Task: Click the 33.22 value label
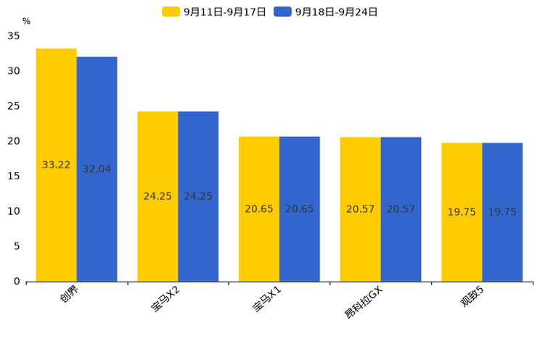pyautogui.click(x=56, y=165)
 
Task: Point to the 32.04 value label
pyautogui.click(x=97, y=169)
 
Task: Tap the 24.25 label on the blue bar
pyautogui.click(x=198, y=196)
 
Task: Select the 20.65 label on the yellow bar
pyautogui.click(x=259, y=209)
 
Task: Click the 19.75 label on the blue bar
pyautogui.click(x=502, y=212)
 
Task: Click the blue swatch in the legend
pyautogui.click(x=282, y=12)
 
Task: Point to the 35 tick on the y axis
pyautogui.click(x=14, y=36)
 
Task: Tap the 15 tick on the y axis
pyautogui.click(x=14, y=176)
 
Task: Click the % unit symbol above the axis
pyautogui.click(x=26, y=21)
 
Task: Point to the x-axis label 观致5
pyautogui.click(x=472, y=298)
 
